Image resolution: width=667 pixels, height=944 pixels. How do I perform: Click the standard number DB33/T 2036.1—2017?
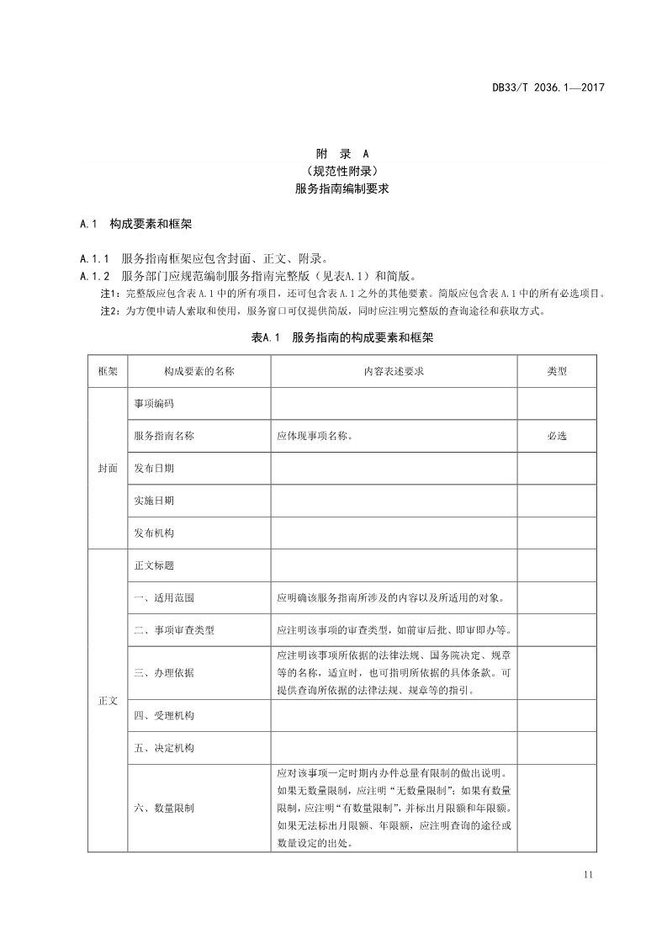[548, 88]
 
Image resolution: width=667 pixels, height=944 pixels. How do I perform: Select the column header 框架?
[108, 371]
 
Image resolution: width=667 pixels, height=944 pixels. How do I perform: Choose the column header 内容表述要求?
[394, 371]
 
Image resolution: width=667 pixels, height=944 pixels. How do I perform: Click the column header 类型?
[557, 371]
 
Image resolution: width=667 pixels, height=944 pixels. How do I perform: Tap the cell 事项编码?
[154, 404]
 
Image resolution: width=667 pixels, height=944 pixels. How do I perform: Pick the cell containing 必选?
[557, 436]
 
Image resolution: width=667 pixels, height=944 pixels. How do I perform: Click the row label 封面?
[108, 468]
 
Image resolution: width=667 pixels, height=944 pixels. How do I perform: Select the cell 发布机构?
[154, 533]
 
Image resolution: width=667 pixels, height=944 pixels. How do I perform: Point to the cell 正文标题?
[154, 565]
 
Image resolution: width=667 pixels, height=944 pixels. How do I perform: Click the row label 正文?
[108, 700]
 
